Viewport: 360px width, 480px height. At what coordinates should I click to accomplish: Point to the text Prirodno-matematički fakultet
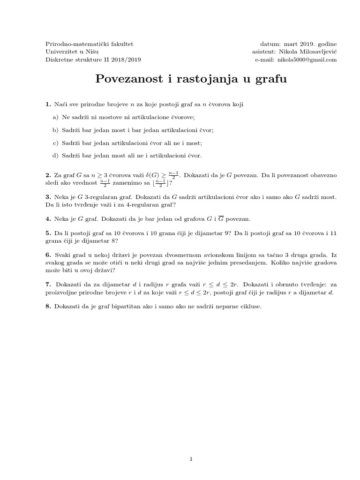[x=90, y=44]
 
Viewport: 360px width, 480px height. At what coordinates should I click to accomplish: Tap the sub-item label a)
[x=55, y=117]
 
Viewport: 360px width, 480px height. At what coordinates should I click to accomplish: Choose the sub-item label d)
[x=55, y=156]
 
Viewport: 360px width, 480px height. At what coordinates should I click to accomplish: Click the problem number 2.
[x=48, y=175]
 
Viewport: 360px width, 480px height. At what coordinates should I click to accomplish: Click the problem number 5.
[x=48, y=232]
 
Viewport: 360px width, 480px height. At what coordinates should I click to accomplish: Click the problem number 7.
[x=48, y=285]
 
